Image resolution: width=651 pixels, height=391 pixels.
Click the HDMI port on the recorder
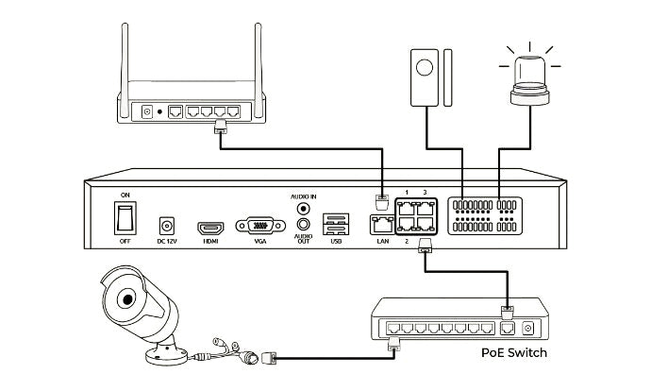(209, 228)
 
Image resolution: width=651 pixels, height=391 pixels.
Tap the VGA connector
(255, 227)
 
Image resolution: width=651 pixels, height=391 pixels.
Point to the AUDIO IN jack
(304, 208)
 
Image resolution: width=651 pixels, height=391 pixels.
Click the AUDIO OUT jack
(304, 225)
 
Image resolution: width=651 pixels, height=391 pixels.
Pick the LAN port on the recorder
(382, 226)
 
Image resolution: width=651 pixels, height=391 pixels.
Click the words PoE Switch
(512, 353)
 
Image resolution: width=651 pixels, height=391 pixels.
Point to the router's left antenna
(127, 57)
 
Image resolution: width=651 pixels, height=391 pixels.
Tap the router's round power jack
(147, 112)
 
